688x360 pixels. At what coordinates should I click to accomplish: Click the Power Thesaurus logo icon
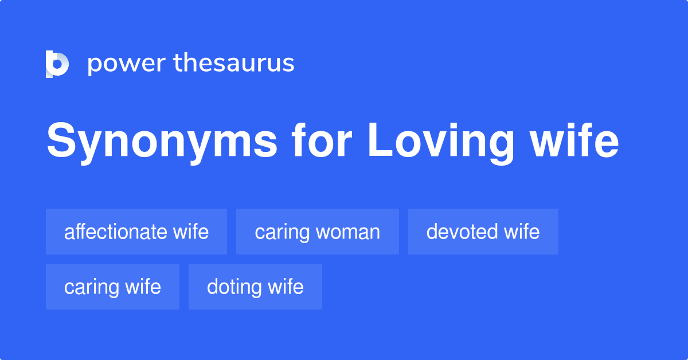coord(57,64)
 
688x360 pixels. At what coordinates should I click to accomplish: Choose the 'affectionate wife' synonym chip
coord(136,232)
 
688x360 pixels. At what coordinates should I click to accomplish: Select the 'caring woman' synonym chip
coord(318,232)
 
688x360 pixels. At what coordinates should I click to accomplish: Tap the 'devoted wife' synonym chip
coord(483,232)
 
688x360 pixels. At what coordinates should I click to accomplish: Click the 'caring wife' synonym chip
coord(112,287)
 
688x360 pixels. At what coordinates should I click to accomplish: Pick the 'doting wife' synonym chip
coord(255,287)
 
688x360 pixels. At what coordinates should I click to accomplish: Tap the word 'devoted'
coord(462,232)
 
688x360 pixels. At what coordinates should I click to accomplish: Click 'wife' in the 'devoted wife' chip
coord(522,232)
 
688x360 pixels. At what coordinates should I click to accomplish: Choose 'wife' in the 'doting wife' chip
coord(286,287)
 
